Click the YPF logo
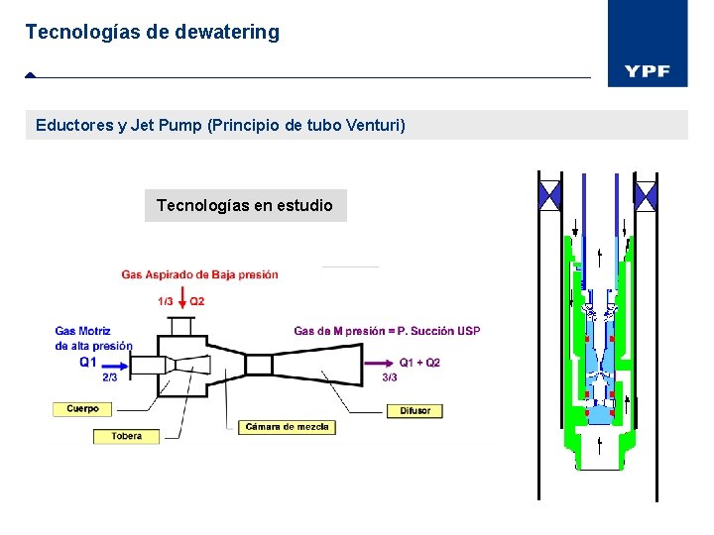[647, 71]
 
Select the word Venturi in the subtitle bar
[371, 126]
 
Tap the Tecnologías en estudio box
[245, 205]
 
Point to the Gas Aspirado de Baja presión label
[199, 274]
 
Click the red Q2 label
[197, 301]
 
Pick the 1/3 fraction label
[166, 301]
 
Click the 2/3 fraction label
[111, 376]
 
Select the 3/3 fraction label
[389, 376]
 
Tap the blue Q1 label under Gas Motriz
[89, 362]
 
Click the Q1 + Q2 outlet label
[419, 363]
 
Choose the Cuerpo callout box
[82, 408]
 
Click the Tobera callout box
[126, 436]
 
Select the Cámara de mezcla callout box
[287, 427]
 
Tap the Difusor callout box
[415, 410]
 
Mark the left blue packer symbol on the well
[548, 192]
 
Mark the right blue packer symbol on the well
[646, 192]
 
